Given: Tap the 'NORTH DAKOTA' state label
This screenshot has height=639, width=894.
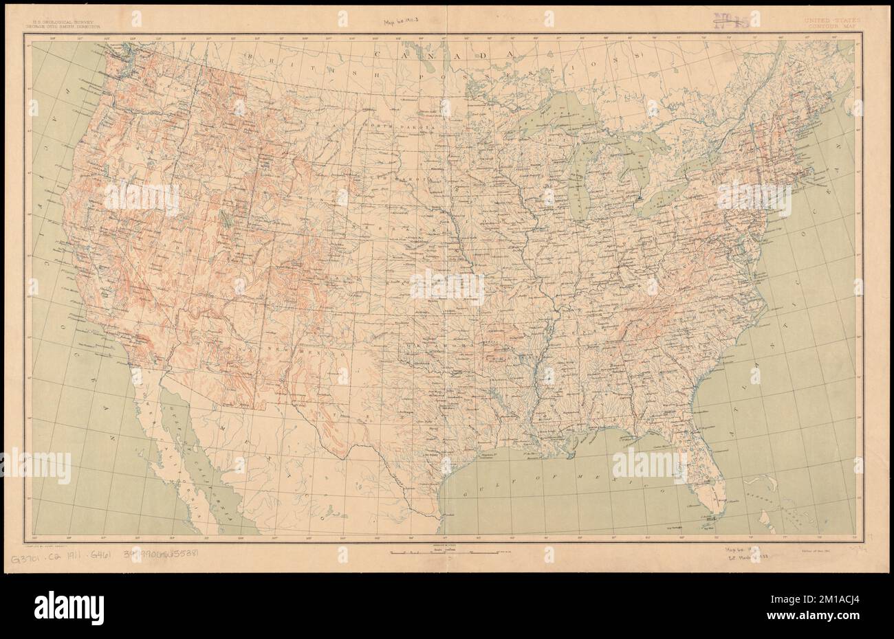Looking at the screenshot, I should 411,128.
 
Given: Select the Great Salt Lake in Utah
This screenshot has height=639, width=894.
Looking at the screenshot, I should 225,218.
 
